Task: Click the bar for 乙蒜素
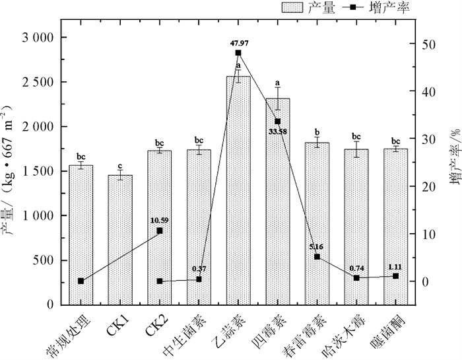(238, 192)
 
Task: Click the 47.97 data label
(238, 43)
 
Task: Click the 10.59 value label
(159, 220)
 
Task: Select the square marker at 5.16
(317, 257)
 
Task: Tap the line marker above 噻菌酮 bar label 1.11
(396, 276)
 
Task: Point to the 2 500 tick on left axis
(37, 83)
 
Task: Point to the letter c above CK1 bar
(120, 166)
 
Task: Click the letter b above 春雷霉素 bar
(317, 132)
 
